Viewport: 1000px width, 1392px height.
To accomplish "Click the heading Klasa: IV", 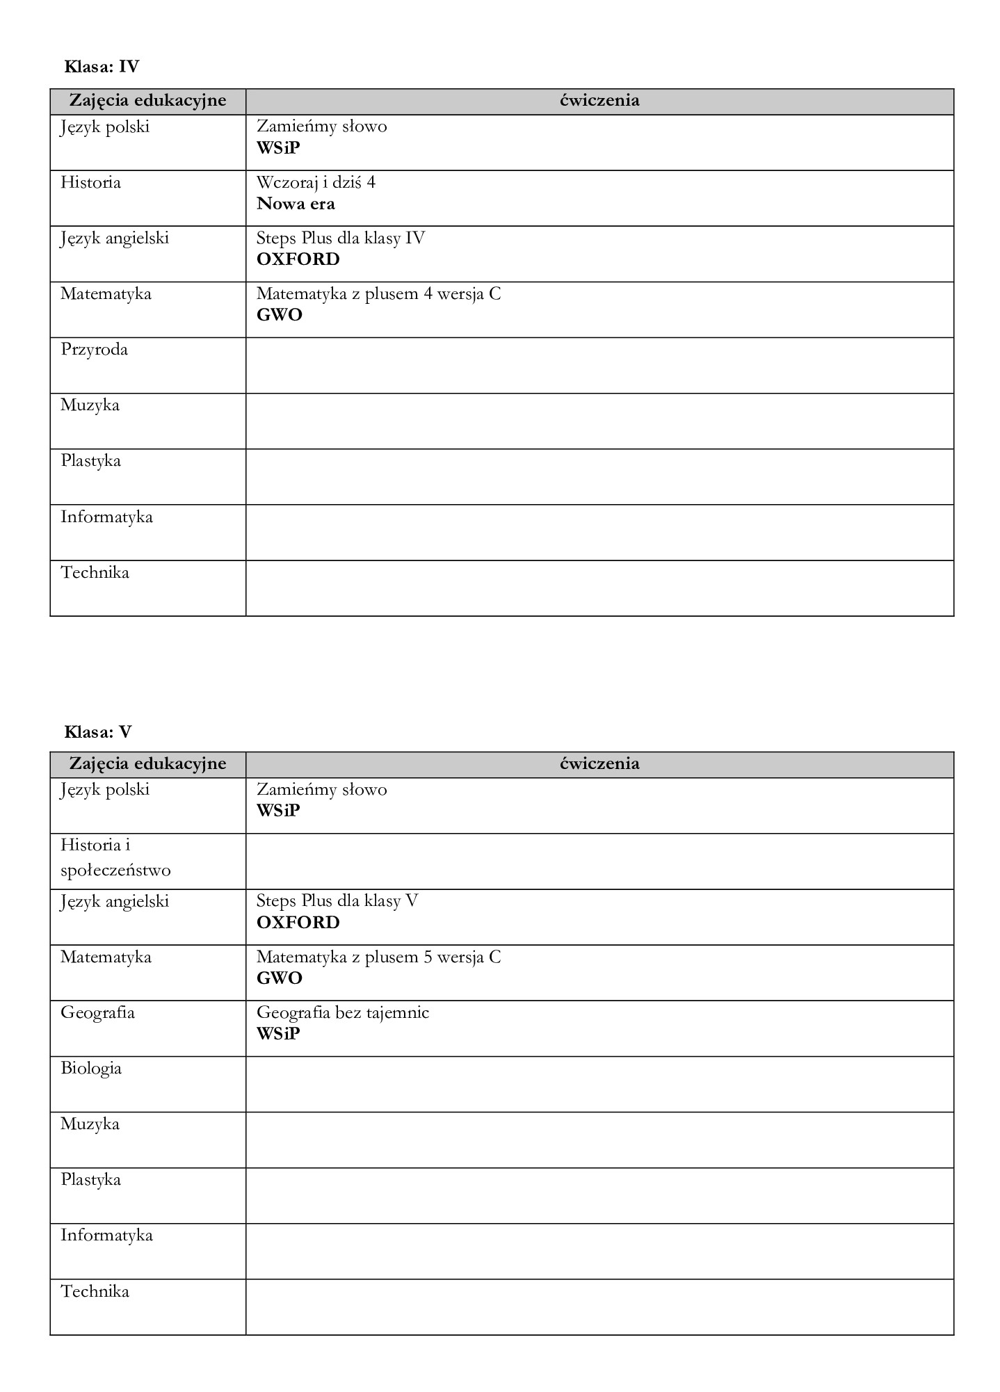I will (x=102, y=67).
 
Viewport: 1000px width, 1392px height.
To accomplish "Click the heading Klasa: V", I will (x=98, y=731).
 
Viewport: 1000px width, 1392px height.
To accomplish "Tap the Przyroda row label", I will (x=94, y=350).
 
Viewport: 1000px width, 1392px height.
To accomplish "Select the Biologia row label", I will (x=91, y=1068).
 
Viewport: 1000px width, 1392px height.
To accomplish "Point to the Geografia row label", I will (x=97, y=1012).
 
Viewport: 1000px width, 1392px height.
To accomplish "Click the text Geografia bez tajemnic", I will (x=342, y=1012).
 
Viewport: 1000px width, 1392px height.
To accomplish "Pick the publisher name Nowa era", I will (x=296, y=204).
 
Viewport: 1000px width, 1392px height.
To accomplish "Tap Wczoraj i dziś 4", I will (x=316, y=183).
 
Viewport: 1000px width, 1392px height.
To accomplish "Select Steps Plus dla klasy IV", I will (x=340, y=238).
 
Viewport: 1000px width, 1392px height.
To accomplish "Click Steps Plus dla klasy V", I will (x=337, y=901).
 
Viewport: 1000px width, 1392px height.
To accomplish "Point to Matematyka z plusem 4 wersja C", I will (x=378, y=294).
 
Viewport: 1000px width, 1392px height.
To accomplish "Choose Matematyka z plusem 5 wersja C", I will (x=378, y=957).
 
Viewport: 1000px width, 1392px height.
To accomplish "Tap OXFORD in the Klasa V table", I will (x=298, y=923).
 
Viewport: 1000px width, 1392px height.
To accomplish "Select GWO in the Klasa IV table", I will (x=279, y=315).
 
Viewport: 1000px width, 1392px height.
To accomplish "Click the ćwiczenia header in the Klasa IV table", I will (x=599, y=101).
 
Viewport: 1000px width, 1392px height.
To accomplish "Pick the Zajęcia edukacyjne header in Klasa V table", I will (x=147, y=763).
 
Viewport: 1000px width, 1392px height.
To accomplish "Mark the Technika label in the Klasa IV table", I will (x=95, y=573).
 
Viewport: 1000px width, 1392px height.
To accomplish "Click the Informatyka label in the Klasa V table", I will (x=106, y=1236).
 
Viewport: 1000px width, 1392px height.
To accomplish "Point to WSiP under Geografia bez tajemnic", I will (x=278, y=1033).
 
